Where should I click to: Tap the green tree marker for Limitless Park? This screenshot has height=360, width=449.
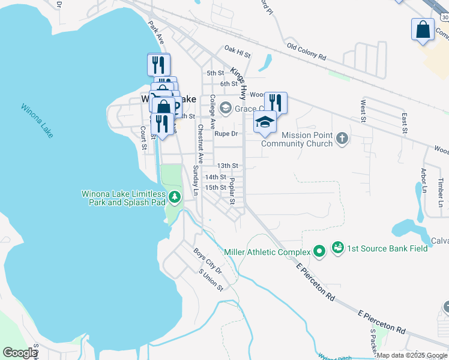pos(174,197)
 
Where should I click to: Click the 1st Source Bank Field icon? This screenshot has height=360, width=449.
pos(337,248)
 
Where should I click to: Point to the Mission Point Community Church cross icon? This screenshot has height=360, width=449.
pos(342,139)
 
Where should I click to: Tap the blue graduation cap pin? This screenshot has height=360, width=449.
pos(265,122)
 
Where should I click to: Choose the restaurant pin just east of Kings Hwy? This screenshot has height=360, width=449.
pos(276,102)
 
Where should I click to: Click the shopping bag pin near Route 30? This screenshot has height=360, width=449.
pos(423,30)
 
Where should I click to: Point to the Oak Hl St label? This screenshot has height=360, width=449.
pos(237,50)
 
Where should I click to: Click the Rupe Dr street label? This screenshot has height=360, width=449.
pos(228,134)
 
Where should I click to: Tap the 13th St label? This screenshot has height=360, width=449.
pos(228,166)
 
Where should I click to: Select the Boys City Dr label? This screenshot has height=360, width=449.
pos(208,261)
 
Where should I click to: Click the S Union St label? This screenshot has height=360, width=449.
pos(211,280)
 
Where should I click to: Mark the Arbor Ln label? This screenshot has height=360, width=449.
pos(424,179)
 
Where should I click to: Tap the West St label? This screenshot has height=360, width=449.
pos(363,112)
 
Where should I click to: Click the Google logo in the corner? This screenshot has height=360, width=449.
pos(20,353)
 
